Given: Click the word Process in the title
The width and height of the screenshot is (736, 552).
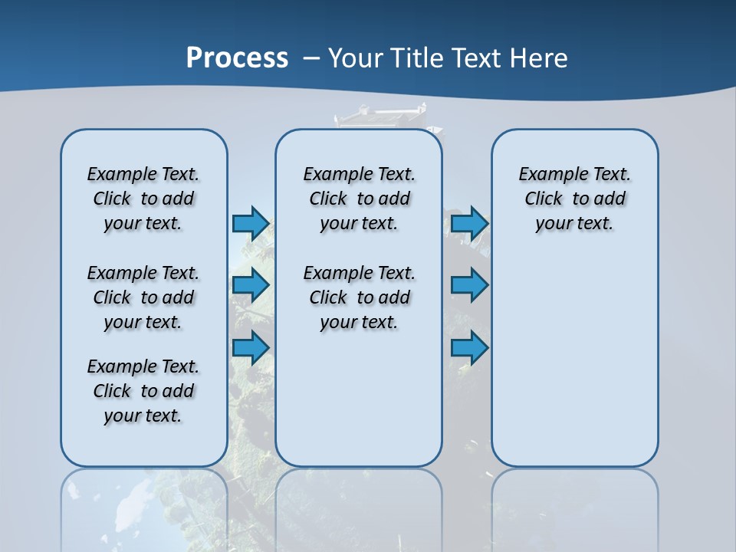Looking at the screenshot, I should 237,58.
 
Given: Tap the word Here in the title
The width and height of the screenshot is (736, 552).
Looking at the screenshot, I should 540,58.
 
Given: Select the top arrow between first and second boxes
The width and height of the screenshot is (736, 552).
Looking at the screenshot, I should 251,223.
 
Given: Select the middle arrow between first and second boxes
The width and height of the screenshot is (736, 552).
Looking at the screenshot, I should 251,285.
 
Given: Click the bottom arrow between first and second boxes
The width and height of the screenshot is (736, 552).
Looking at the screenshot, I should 251,347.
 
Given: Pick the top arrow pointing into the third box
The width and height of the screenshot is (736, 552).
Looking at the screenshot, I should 469,223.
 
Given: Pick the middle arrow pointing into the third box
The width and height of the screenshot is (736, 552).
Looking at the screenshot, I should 469,285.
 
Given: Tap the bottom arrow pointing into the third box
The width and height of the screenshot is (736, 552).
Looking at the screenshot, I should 469,347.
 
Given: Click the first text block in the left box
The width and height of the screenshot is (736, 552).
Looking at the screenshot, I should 143,199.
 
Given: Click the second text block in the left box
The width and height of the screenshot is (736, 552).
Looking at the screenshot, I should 143,297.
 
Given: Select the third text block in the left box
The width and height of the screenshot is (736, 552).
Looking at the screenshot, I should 143,391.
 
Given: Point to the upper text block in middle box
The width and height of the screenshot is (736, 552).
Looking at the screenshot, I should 359,199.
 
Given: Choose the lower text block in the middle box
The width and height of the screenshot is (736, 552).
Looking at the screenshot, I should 359,297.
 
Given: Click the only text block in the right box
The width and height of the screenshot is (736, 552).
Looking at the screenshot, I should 574,199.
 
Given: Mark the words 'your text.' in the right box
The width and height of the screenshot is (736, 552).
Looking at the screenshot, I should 574,223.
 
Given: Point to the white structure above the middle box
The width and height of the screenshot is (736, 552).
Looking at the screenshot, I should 381,116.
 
